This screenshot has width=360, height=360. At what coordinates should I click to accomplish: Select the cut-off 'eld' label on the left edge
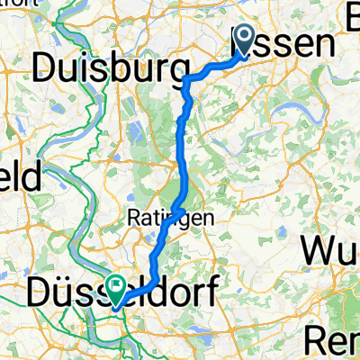[20, 177]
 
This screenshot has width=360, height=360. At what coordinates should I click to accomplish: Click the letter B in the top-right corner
[352, 11]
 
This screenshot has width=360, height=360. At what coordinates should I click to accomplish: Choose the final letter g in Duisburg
[179, 71]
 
